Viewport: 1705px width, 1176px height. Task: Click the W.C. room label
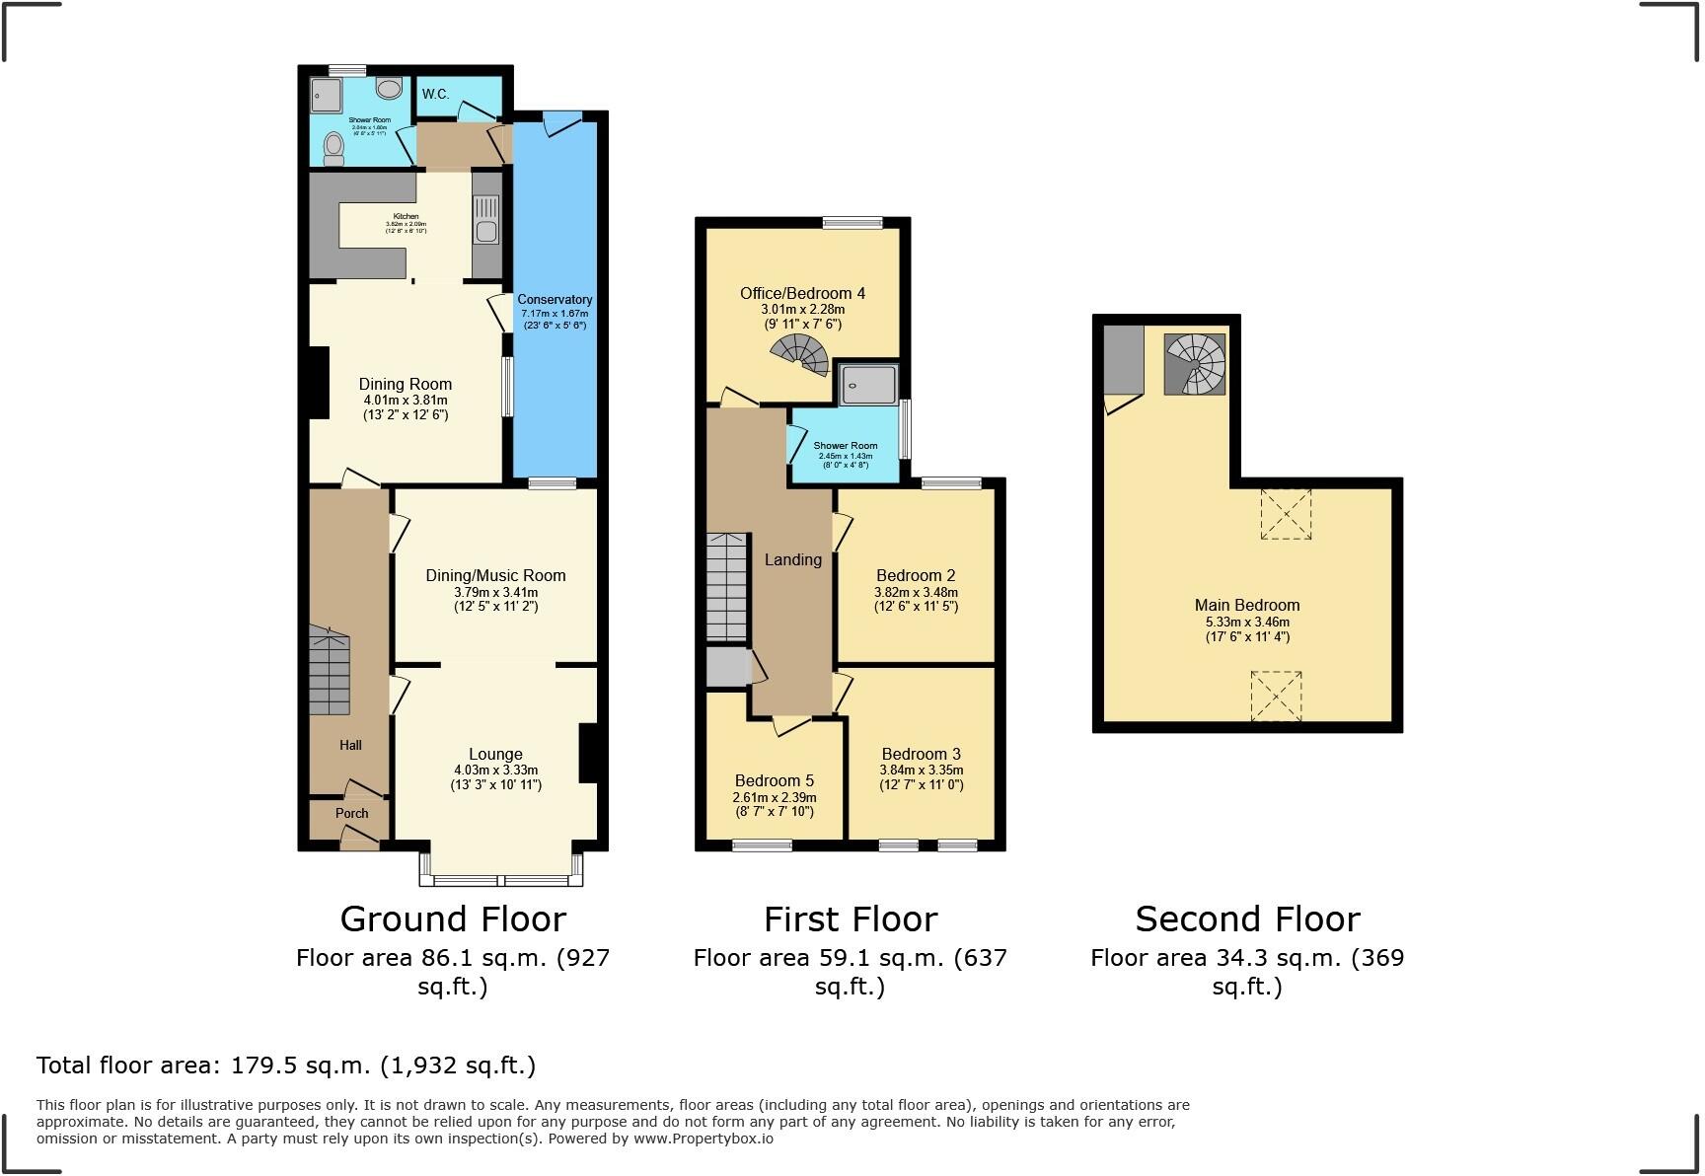pyautogui.click(x=435, y=95)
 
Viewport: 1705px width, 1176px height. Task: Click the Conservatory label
pyautogui.click(x=555, y=300)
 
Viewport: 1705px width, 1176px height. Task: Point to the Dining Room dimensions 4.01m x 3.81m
pyautogui.click(x=405, y=401)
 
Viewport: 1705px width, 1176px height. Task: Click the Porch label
pyautogui.click(x=351, y=814)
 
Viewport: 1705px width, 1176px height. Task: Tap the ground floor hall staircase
pyautogui.click(x=329, y=671)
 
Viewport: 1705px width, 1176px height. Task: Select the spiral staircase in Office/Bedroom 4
pyautogui.click(x=801, y=355)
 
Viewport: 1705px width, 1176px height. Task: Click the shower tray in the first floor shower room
pyautogui.click(x=868, y=385)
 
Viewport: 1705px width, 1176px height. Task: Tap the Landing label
pyautogui.click(x=792, y=560)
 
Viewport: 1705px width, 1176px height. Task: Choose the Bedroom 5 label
pyautogui.click(x=775, y=781)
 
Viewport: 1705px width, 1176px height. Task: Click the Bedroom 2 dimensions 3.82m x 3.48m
pyautogui.click(x=916, y=593)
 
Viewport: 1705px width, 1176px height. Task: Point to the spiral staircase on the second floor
pyautogui.click(x=1195, y=364)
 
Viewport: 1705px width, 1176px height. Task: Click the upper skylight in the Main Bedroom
pyautogui.click(x=1286, y=514)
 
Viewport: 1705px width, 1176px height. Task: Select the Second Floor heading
pyautogui.click(x=1247, y=919)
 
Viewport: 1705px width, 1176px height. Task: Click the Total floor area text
pyautogui.click(x=286, y=1066)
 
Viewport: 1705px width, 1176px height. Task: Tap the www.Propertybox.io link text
pyautogui.click(x=703, y=1139)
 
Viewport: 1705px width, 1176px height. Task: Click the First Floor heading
pyautogui.click(x=850, y=919)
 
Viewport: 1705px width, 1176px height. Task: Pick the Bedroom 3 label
pyautogui.click(x=921, y=755)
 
